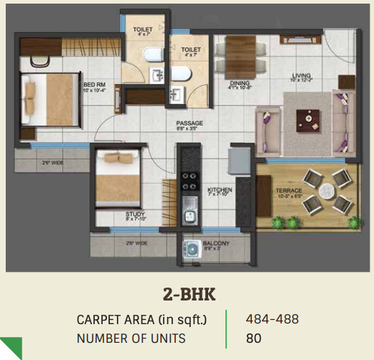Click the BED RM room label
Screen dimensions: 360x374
(93, 83)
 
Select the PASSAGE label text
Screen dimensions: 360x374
(190, 123)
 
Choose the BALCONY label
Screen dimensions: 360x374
(215, 242)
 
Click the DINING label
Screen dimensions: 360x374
(239, 83)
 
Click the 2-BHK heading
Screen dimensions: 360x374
(188, 293)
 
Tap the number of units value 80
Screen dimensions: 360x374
(253, 338)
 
